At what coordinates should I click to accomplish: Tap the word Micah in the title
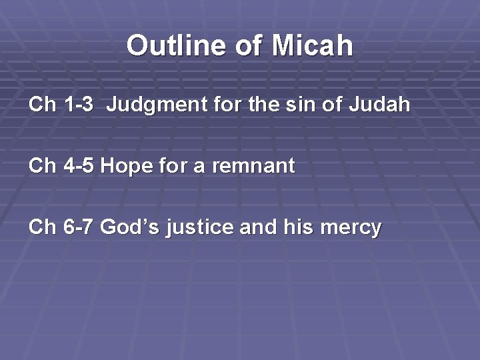[x=312, y=46]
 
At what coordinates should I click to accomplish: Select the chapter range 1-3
[x=79, y=105]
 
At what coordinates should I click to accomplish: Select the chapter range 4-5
[x=79, y=166]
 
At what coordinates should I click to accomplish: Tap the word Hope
[x=127, y=166]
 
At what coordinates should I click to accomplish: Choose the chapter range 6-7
[x=79, y=227]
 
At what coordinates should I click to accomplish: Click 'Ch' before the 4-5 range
[x=42, y=166]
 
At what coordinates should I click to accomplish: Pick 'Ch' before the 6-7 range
[x=42, y=227]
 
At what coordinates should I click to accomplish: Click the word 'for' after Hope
[x=173, y=166]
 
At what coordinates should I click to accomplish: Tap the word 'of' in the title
[x=249, y=46]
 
